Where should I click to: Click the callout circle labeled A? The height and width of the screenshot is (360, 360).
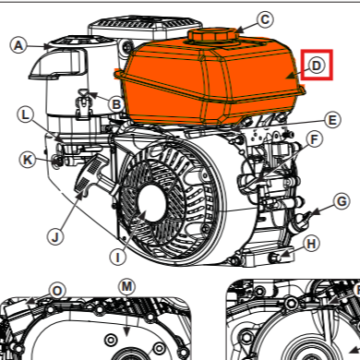pos(18,43)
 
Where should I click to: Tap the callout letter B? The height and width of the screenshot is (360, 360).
pos(116,105)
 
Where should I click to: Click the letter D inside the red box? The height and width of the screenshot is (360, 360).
pos(316,66)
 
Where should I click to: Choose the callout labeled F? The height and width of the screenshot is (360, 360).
pos(315,141)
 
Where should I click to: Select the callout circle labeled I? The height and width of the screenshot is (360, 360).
pos(117,255)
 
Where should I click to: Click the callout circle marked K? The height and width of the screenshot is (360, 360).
pos(28,160)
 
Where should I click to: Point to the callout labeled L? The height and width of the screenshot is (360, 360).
pos(26,114)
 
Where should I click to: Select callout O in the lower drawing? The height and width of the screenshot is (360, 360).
pos(57,291)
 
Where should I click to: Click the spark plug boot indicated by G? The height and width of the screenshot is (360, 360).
pos(300,219)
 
